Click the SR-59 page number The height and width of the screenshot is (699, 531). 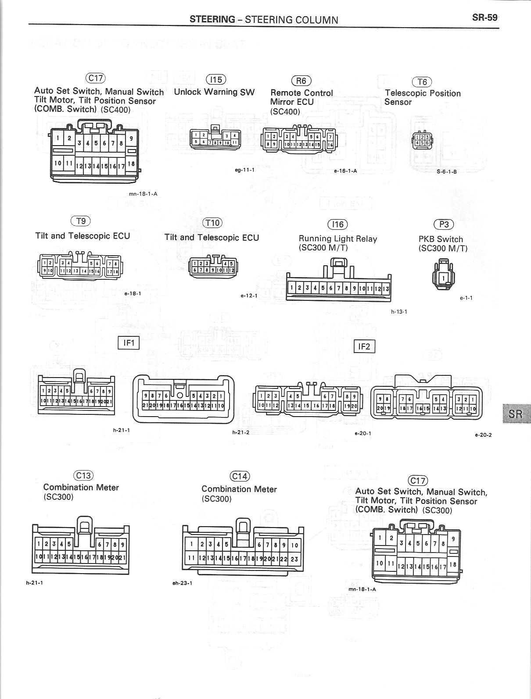pos(484,18)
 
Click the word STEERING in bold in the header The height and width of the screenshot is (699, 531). pos(212,19)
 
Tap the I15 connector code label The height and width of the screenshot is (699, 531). pos(216,79)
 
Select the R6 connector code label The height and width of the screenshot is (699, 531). pos(301,81)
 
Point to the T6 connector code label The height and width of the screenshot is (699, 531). pos(422,82)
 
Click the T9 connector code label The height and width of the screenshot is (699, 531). pos(81,221)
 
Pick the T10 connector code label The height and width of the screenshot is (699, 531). pos(212,223)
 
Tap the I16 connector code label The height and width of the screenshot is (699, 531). pos(337,225)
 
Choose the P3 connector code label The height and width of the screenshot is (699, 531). pos(444,225)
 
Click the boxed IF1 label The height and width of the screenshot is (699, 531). pos(129,342)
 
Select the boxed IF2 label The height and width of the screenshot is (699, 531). pos(364,346)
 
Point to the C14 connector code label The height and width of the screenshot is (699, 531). pos(240,477)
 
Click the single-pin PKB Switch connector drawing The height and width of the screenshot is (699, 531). pos(443,276)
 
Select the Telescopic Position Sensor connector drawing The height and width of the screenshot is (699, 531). pos(422,140)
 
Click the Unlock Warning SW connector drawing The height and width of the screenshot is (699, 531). pos(215,138)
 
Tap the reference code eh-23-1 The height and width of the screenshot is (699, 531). pos(183,583)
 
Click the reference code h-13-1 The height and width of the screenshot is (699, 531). pos(399,312)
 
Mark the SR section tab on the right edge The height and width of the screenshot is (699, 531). pos(516,414)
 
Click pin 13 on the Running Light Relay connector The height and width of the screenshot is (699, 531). pos(385,288)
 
